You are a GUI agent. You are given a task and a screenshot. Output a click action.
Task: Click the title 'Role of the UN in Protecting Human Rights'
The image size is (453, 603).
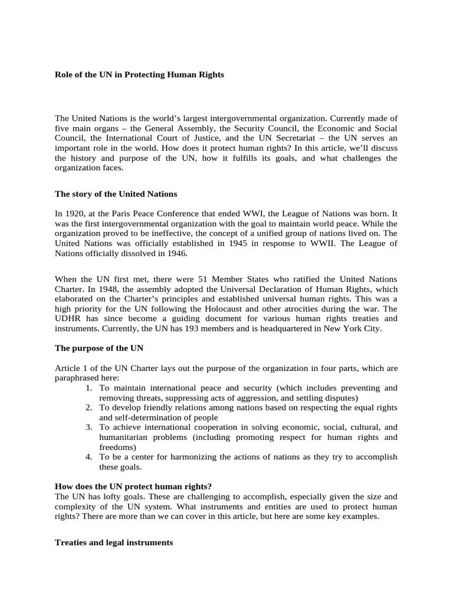139,75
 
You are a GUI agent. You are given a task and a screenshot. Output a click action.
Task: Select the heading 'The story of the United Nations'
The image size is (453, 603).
116,194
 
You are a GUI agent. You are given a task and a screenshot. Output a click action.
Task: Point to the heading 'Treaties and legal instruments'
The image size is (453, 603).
114,543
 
